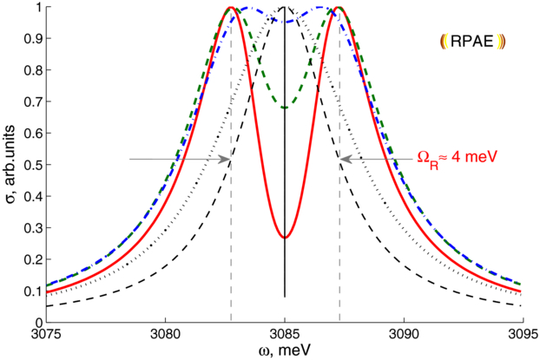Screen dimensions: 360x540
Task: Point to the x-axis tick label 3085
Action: click(x=285, y=333)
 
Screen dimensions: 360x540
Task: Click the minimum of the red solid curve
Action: click(x=285, y=237)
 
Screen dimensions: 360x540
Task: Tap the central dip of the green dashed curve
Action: click(x=285, y=108)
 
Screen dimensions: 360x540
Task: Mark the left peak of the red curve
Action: click(x=230, y=8)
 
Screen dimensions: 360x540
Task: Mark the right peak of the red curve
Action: click(x=339, y=8)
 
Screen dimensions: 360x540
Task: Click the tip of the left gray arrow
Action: click(x=230, y=159)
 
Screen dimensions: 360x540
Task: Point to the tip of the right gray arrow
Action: click(x=340, y=159)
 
